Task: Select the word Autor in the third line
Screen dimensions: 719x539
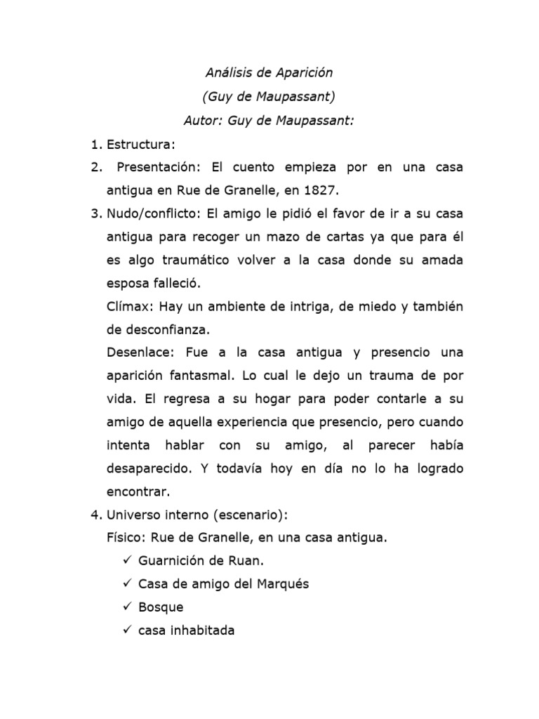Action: tap(201, 120)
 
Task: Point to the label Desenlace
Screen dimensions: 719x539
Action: tap(138, 352)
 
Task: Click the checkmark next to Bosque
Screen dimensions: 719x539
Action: tap(126, 607)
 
